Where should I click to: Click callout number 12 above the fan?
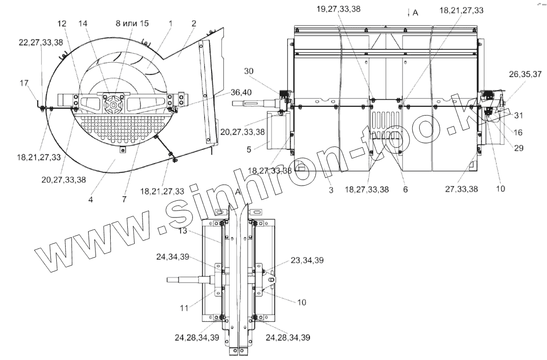pyautogui.click(x=62, y=24)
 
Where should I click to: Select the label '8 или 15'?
pyautogui.click(x=132, y=24)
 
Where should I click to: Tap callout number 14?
pyautogui.click(x=83, y=24)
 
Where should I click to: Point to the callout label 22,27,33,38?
pyautogui.click(x=41, y=42)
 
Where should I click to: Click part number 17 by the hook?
pyautogui.click(x=24, y=83)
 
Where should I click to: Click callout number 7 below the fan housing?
pyautogui.click(x=124, y=199)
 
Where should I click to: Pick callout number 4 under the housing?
pyautogui.click(x=91, y=200)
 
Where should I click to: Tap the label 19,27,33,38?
pyautogui.click(x=338, y=9)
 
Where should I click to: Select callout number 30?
pyautogui.click(x=249, y=71)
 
